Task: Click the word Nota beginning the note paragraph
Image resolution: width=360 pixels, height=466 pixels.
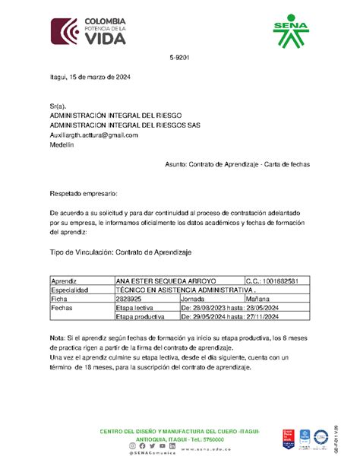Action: coord(58,337)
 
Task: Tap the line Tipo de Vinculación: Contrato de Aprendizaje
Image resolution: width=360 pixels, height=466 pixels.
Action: coord(121,251)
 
